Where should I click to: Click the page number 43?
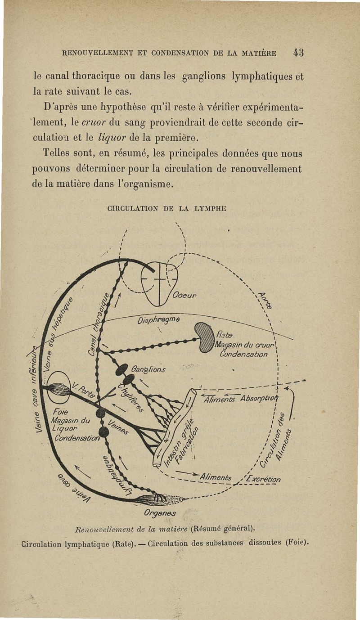click(298, 53)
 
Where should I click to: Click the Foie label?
click(60, 412)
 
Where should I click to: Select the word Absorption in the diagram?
click(261, 398)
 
